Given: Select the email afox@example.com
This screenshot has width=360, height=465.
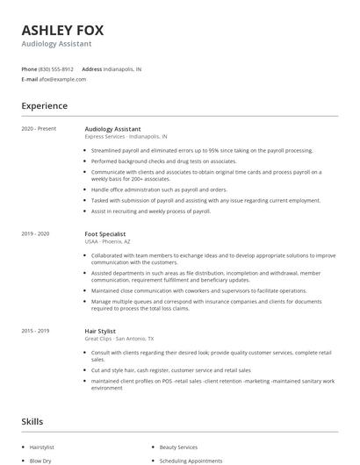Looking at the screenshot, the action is (62, 79).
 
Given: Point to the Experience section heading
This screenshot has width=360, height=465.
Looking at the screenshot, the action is (45, 106).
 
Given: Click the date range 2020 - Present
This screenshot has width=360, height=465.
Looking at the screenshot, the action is (39, 129).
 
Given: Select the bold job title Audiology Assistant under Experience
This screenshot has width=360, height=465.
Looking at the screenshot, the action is (112, 129).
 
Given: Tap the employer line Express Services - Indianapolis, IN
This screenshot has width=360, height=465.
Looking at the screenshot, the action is (126, 138).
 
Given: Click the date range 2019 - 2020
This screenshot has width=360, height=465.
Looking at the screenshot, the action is (36, 234).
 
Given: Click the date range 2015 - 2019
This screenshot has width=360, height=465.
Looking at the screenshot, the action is (36, 331).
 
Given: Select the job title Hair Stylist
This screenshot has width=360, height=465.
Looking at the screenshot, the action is (100, 331).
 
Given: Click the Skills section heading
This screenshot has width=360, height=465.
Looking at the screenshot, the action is (32, 422).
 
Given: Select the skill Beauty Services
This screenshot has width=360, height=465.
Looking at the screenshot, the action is (180, 447).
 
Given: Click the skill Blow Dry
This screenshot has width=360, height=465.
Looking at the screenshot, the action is (40, 460).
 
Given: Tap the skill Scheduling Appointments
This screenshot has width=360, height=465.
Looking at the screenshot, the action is (190, 460).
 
